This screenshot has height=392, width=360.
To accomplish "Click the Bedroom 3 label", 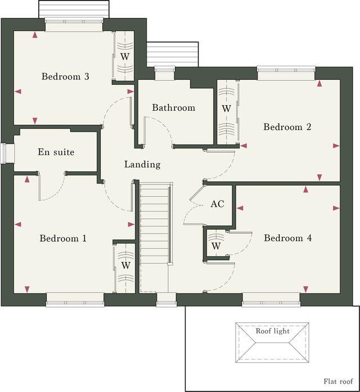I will coord(65,76).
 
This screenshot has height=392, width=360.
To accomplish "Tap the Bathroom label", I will coord(173,107).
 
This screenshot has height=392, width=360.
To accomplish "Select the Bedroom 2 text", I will coord(287,127).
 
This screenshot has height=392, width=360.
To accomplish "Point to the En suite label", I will coord(56,152).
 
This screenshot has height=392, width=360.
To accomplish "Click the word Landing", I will coord(142,165).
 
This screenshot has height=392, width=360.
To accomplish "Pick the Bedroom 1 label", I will coord(63,238).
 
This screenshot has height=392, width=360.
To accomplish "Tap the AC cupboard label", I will coord(217,204).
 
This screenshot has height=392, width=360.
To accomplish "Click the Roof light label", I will coord(273,331).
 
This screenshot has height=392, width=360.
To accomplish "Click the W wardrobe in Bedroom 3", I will coord(125,57).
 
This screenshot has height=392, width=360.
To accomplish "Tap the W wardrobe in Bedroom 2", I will coord(226,107).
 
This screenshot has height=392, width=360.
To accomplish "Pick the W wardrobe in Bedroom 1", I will coord(125,265).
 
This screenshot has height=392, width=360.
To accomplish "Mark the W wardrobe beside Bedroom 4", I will coord(216,246).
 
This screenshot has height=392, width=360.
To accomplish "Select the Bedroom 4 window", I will coord(264,303).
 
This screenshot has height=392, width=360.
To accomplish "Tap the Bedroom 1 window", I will coord(75,303).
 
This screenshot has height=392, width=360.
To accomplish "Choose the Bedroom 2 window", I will coord(286,70).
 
